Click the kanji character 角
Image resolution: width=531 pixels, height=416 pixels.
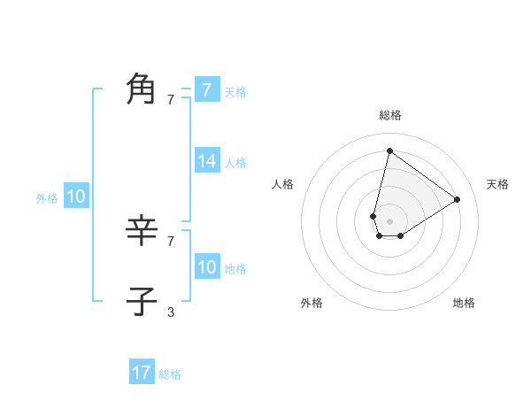142,89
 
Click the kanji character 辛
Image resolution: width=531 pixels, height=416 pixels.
142,232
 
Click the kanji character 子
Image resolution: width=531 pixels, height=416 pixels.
142,301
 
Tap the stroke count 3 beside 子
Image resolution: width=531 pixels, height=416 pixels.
171,312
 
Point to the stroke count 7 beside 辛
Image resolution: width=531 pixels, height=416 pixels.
171,241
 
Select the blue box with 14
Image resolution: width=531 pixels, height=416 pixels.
207,161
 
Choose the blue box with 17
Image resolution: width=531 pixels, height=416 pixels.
142,373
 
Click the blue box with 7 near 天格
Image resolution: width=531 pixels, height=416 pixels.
207,90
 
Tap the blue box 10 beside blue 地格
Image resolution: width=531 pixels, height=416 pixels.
207,267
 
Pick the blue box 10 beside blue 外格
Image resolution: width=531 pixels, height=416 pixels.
76,196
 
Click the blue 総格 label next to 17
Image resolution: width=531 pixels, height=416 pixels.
170,374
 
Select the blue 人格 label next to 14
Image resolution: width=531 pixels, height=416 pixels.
235,163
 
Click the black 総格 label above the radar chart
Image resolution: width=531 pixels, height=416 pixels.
390,115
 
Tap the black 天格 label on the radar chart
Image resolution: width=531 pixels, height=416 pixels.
497,184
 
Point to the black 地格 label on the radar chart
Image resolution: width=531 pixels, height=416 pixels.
464,303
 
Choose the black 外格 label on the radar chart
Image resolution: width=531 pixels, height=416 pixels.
312,303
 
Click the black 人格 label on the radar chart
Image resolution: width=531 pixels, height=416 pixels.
282,184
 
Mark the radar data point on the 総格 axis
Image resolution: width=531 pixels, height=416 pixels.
389,150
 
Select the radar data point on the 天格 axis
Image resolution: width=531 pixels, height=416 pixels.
457,199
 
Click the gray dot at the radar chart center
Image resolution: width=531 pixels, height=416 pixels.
389,221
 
